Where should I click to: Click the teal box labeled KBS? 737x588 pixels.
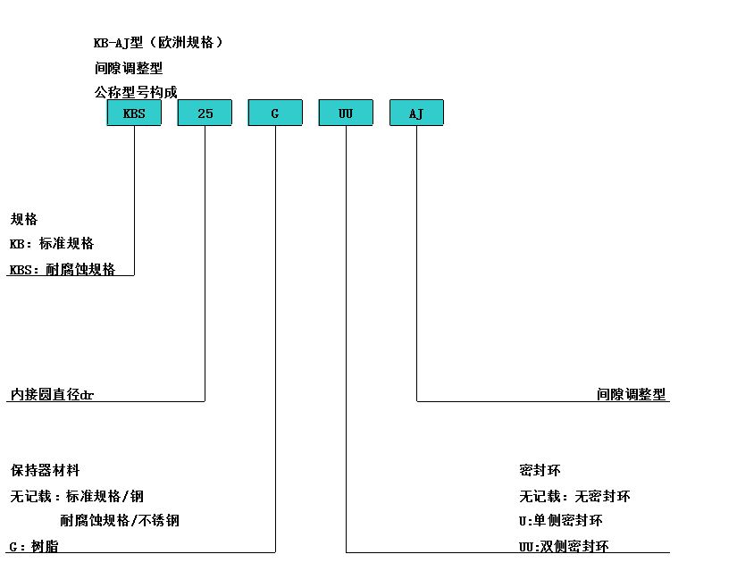point(134,113)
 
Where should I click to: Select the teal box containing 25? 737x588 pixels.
point(205,113)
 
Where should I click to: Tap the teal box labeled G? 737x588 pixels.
point(275,113)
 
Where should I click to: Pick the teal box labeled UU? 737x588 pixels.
point(346,113)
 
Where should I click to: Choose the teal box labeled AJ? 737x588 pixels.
point(416,113)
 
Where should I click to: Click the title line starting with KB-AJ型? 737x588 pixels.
point(158,43)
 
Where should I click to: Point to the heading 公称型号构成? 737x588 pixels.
point(136,92)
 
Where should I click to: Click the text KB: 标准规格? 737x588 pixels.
point(52,243)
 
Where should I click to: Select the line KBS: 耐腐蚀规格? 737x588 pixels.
point(63,269)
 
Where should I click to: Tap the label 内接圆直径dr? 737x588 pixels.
point(52,394)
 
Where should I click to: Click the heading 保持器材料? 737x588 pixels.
point(46,471)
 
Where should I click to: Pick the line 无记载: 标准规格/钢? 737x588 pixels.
point(77,496)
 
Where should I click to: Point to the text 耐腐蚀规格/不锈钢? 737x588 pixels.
point(120,521)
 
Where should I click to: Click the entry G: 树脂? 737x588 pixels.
point(34,547)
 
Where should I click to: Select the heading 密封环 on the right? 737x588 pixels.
point(540,471)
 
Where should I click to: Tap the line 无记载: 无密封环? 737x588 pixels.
point(574,496)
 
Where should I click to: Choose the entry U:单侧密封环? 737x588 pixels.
point(561,521)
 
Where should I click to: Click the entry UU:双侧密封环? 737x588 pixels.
point(564,547)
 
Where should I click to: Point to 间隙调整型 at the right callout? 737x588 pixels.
point(632,394)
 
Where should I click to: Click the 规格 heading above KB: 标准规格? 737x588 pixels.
point(24,219)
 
